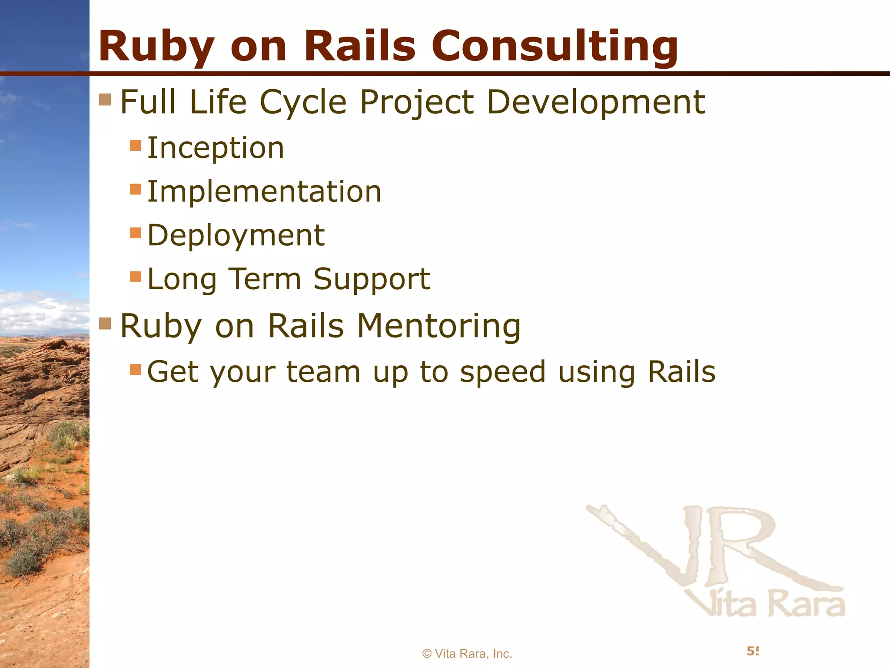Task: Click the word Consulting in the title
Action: tap(554, 46)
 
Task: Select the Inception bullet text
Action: tap(216, 148)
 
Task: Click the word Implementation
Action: tap(264, 192)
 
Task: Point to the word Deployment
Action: tap(236, 235)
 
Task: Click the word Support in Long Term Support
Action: tap(372, 279)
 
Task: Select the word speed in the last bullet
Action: tap(502, 372)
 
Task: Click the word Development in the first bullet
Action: tap(595, 102)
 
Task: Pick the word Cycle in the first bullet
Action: tap(303, 102)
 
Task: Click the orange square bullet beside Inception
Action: tap(136, 145)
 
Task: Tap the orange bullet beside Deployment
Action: tap(136, 233)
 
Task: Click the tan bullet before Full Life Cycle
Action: tap(105, 100)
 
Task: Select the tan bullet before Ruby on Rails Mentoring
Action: tap(105, 324)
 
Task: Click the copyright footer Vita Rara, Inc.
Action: tap(467, 654)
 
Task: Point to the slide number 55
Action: tap(753, 651)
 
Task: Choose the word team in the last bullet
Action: tap(323, 372)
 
